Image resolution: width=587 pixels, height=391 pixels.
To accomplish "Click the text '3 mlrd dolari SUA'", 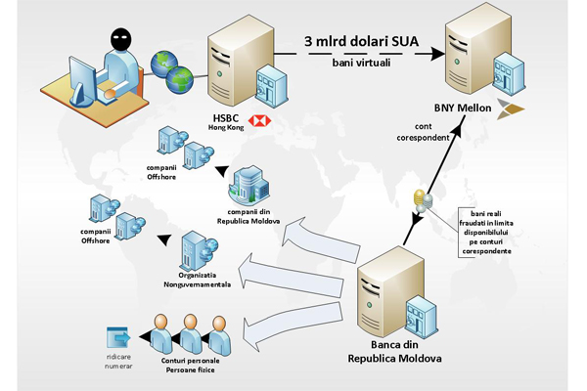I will coord(362,41).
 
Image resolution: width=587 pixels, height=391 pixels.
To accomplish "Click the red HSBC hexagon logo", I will coord(260,120).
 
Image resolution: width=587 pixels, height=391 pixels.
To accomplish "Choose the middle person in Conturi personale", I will coord(191,332).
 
